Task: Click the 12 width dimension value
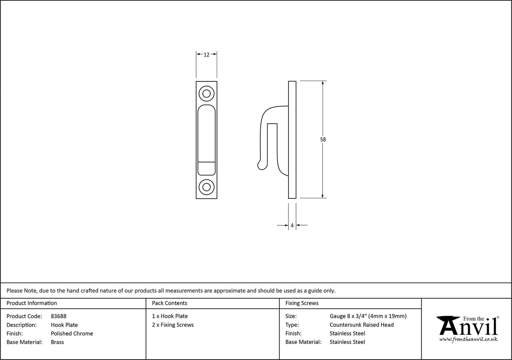pyautogui.click(x=207, y=55)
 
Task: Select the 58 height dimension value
pyautogui.click(x=323, y=139)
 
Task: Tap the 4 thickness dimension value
pyautogui.click(x=292, y=225)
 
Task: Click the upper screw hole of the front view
pyautogui.click(x=207, y=92)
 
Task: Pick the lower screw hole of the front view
pyautogui.click(x=207, y=186)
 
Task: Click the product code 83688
pyautogui.click(x=59, y=316)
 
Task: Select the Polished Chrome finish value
pyautogui.click(x=72, y=333)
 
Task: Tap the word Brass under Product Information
pyautogui.click(x=57, y=342)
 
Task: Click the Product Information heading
pyautogui.click(x=32, y=303)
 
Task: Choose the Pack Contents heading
pyautogui.click(x=170, y=303)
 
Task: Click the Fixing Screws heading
pyautogui.click(x=302, y=303)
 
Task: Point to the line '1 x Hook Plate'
pyautogui.click(x=170, y=316)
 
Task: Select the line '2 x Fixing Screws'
pyautogui.click(x=173, y=325)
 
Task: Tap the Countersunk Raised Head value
pyautogui.click(x=361, y=325)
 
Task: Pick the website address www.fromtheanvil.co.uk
pyautogui.click(x=468, y=339)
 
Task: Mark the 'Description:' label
pyautogui.click(x=22, y=325)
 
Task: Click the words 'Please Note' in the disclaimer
pyautogui.click(x=22, y=290)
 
